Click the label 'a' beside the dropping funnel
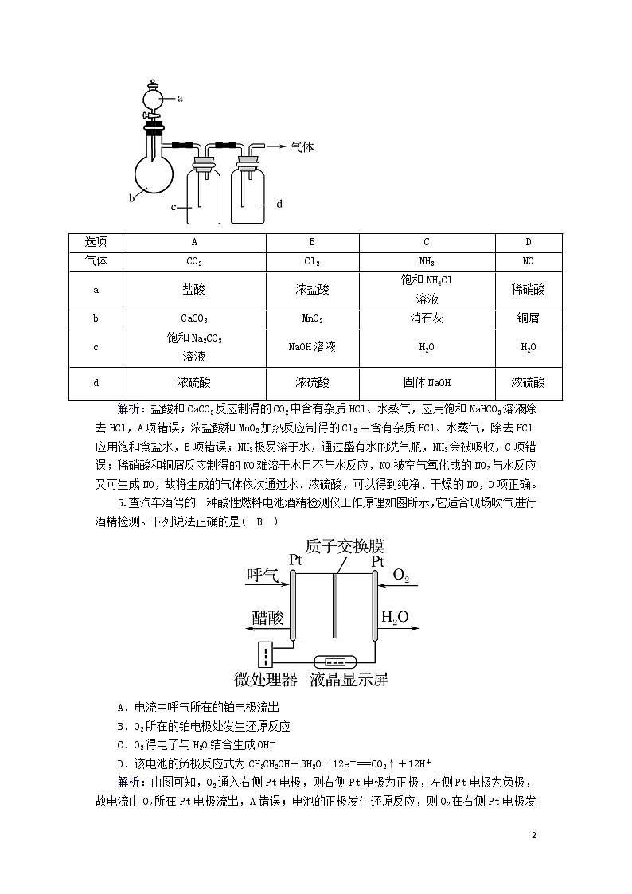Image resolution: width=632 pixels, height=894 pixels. coord(180,99)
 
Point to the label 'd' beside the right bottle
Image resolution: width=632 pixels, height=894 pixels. coord(279,204)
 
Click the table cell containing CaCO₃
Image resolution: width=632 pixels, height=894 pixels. coord(194,318)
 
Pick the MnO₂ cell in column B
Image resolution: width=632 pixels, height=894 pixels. coord(312,318)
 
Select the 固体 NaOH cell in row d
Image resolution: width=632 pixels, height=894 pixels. coord(427,383)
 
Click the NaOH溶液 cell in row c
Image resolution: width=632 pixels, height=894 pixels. coord(312,347)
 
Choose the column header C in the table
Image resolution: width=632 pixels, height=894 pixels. coord(427,242)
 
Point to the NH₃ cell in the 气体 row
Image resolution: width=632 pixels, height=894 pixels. coord(427,261)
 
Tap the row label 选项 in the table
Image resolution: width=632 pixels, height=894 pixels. coord(96,242)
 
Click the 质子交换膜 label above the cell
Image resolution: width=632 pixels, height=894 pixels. coord(345,546)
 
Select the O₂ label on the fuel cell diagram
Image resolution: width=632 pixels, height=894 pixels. coord(401,576)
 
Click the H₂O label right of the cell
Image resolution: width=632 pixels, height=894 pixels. coord(395,617)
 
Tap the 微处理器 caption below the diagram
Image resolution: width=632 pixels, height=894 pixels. coord(266,679)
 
